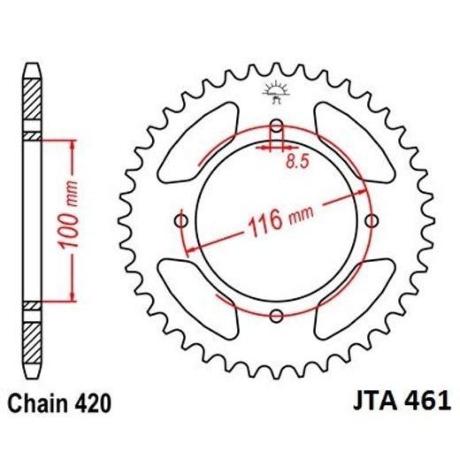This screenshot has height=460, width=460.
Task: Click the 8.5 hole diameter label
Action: [298, 162]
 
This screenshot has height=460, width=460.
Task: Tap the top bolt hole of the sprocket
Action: [276, 124]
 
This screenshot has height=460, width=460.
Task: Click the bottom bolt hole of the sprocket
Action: [276, 314]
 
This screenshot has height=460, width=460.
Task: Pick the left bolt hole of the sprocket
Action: [181, 218]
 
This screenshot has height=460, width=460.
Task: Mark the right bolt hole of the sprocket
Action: [372, 218]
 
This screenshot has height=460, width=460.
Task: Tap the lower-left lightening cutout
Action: [201, 296]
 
